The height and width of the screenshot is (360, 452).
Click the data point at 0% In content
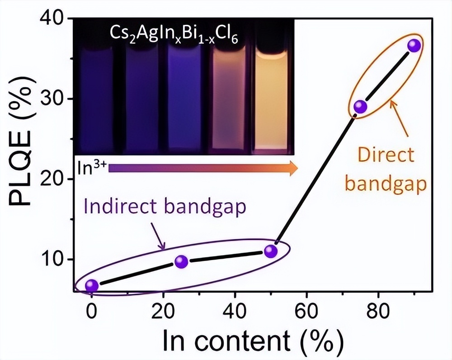tap(92, 285)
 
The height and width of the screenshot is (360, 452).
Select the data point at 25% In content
tap(181, 261)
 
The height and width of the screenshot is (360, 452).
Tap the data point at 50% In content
tap(270, 251)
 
